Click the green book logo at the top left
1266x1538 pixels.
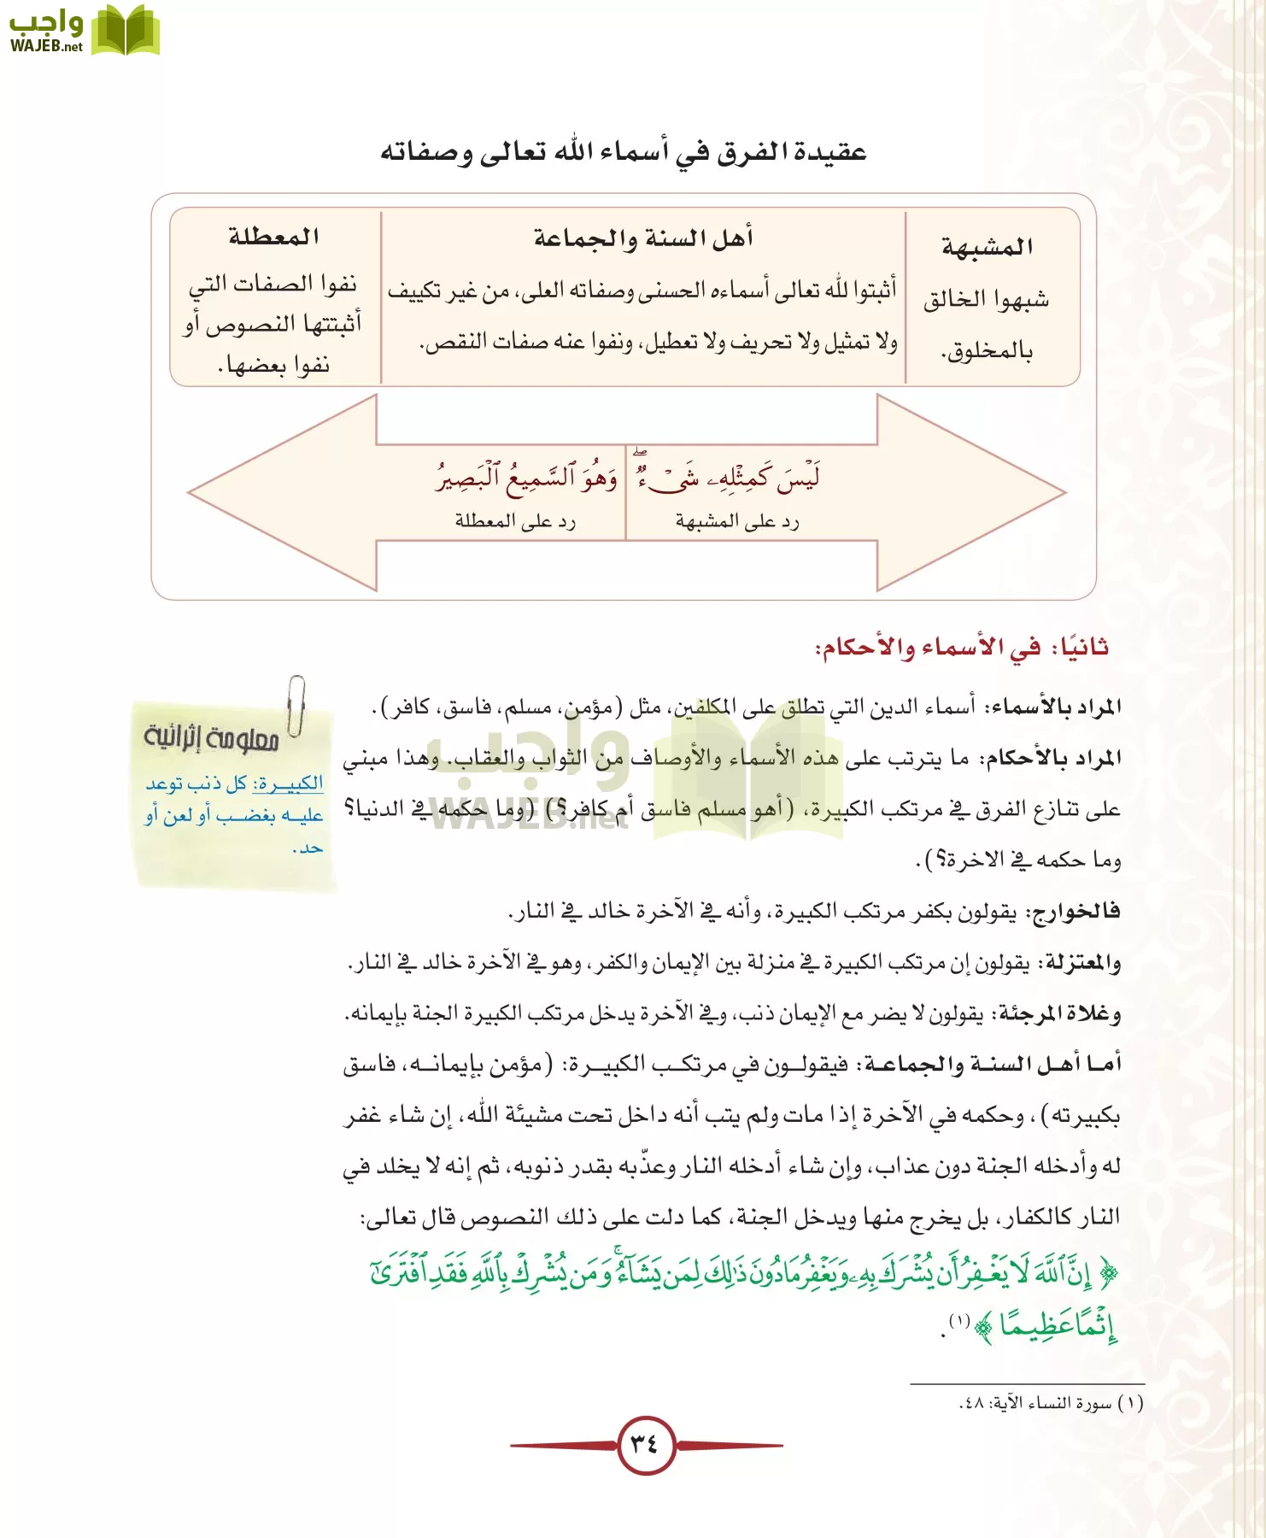(x=125, y=31)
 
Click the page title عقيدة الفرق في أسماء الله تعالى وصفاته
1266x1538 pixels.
(x=624, y=153)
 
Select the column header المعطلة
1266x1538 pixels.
(x=273, y=237)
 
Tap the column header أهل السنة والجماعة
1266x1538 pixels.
(x=643, y=238)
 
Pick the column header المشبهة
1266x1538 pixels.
(x=988, y=247)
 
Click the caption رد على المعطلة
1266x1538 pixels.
(x=515, y=521)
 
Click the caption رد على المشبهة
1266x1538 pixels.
(x=737, y=521)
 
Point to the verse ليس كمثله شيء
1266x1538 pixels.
(x=726, y=477)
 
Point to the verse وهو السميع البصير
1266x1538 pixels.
(x=526, y=477)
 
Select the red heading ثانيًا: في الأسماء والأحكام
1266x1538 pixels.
(x=961, y=647)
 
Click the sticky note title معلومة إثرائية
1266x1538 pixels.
(x=211, y=737)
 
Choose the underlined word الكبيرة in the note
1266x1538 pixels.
(x=288, y=783)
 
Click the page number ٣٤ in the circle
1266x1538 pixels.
(x=646, y=1445)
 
